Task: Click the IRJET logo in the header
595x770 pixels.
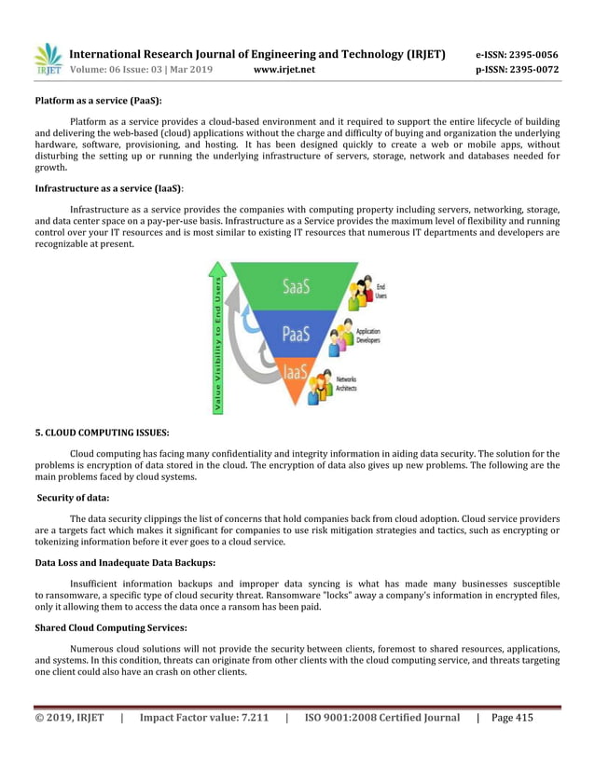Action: click(x=48, y=60)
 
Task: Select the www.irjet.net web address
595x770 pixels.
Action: click(x=284, y=69)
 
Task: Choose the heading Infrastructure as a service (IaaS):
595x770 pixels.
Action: click(x=109, y=187)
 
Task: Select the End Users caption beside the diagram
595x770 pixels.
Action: click(x=381, y=292)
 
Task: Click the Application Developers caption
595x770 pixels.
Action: click(x=368, y=337)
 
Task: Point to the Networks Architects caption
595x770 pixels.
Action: click(x=346, y=383)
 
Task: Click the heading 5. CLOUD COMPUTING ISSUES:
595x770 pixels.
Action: click(x=102, y=432)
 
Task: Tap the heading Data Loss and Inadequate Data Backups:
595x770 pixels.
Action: click(x=125, y=562)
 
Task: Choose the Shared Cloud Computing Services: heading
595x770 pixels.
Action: click(x=111, y=626)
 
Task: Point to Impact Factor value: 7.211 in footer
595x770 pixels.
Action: click(x=203, y=718)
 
